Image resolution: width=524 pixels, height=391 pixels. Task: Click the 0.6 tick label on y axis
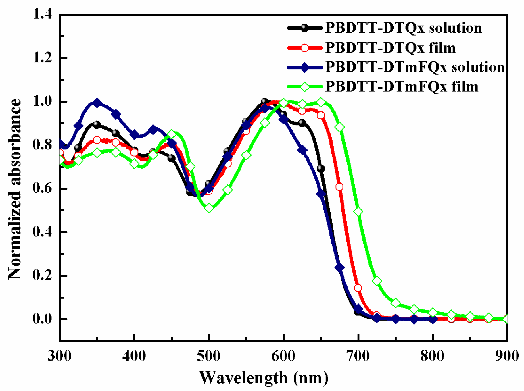42,188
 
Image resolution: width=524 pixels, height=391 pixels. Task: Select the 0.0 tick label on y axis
42,319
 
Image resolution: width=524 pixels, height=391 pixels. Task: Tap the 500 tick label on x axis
209,356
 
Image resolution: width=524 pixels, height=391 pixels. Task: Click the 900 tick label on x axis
507,356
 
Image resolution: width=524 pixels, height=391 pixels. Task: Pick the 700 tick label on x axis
358,356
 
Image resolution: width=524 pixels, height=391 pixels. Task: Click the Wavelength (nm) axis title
264,377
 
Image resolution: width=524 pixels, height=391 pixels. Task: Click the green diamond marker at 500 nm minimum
209,208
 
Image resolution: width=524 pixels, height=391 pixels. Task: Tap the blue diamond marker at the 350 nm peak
97,103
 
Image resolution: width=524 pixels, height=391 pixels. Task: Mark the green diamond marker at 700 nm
358,211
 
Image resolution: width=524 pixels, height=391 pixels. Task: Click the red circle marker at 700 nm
358,288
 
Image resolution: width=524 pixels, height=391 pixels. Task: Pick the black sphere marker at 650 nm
321,169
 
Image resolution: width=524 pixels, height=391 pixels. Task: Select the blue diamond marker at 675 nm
339,267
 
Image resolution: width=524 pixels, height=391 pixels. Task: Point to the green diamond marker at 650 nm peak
321,102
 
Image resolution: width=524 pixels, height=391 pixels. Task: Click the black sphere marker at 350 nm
97,124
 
